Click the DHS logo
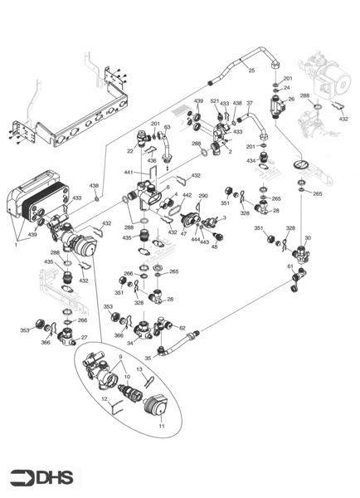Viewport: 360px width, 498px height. point(41,477)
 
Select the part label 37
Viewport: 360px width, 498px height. point(250,103)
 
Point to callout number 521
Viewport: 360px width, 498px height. point(215,101)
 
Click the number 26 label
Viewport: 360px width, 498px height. point(291,99)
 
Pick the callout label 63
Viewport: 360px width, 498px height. point(168,127)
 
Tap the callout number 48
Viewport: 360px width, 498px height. point(214,247)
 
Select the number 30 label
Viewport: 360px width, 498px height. point(308,238)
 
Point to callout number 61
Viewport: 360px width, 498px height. point(290,267)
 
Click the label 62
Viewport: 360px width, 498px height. point(182,328)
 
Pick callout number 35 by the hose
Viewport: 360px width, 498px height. point(147,359)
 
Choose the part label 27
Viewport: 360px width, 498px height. point(84,337)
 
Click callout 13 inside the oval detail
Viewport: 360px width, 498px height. point(139,369)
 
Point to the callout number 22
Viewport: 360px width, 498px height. point(130,150)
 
